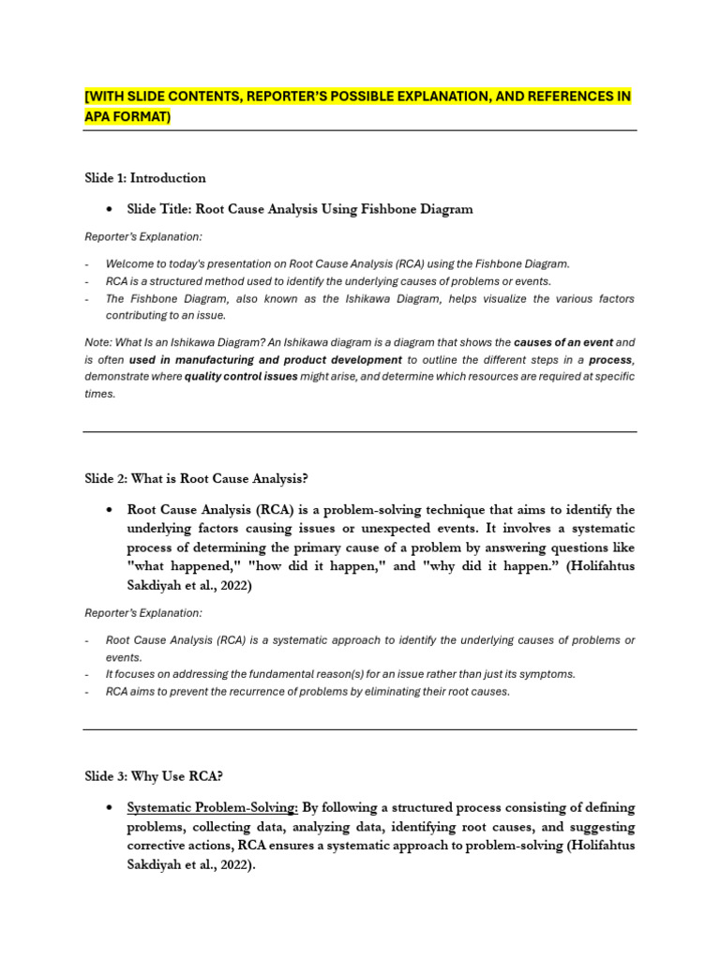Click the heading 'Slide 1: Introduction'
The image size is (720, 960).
[x=145, y=178]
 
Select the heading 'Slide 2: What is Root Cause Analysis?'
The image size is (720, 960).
[x=196, y=479]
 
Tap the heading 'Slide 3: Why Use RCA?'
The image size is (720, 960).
[x=154, y=776]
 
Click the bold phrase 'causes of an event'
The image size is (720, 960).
[x=562, y=343]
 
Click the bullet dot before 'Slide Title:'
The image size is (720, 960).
[x=111, y=210]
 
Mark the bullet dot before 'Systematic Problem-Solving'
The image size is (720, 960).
[x=111, y=808]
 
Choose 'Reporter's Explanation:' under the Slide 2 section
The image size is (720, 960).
[x=143, y=613]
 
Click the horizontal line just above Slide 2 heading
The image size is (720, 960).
[x=360, y=432]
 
